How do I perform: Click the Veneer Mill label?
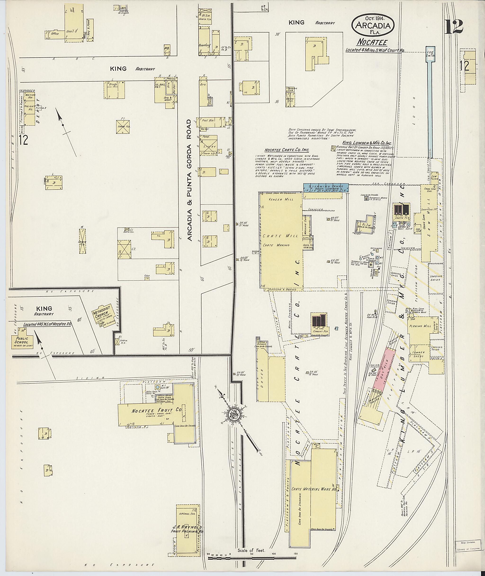click(x=279, y=200)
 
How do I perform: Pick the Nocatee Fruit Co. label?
click(x=157, y=419)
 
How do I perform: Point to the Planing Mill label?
click(x=420, y=326)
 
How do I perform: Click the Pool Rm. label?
click(x=206, y=120)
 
